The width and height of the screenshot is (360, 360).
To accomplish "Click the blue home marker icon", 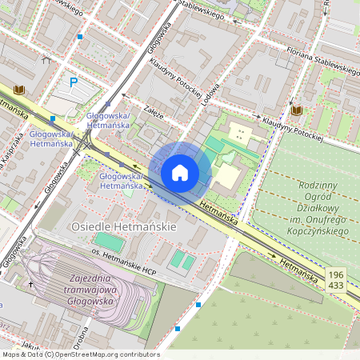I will point(180,172).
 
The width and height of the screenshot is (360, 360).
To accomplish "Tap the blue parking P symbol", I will point(74,82).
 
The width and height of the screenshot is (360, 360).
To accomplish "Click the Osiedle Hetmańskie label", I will point(123,227).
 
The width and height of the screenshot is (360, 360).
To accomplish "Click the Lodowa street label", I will point(210,94).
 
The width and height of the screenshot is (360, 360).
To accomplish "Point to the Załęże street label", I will point(154,114).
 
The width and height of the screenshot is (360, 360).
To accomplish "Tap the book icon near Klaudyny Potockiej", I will point(296,110).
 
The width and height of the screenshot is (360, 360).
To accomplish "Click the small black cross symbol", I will point(32,284).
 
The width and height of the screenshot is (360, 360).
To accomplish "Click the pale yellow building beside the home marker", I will point(229,175).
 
